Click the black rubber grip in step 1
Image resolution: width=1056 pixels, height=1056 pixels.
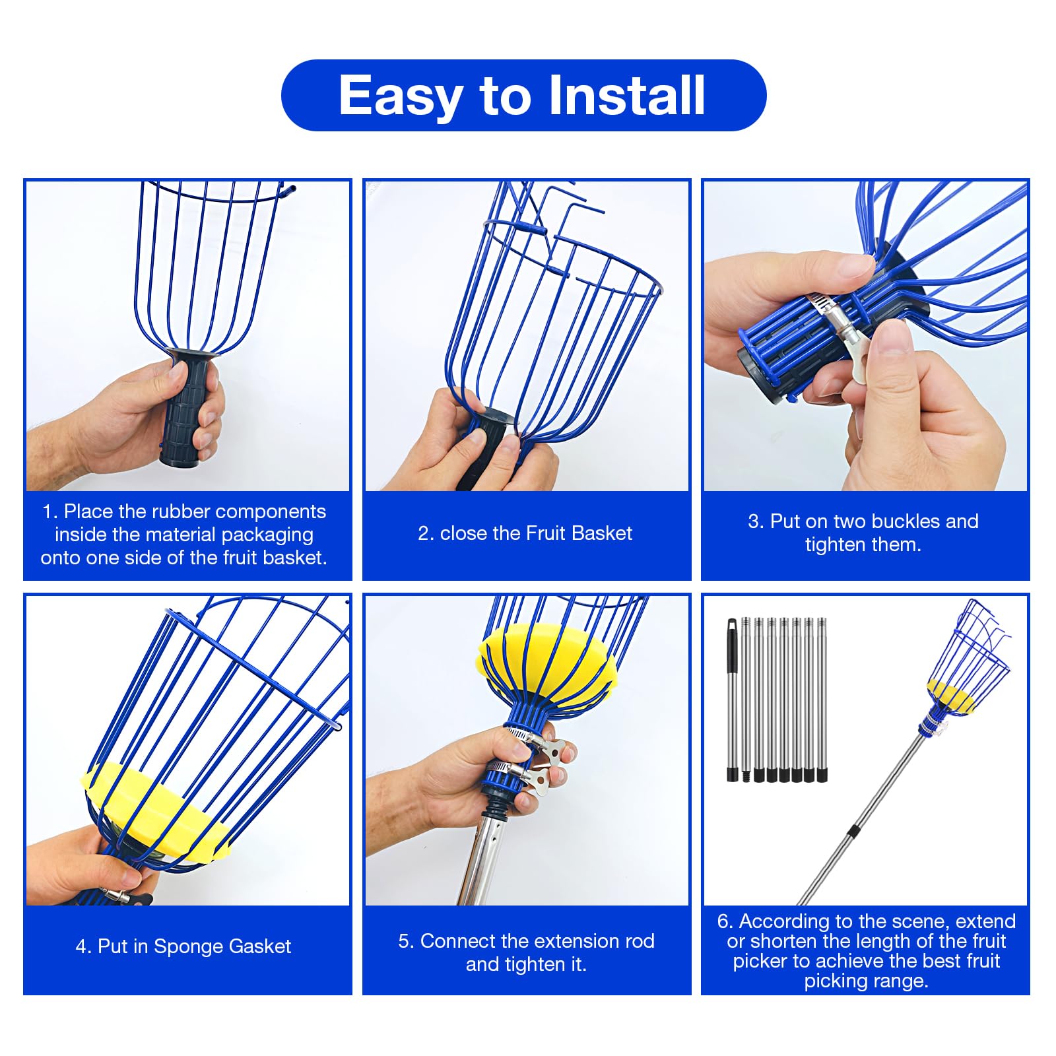click(x=189, y=409)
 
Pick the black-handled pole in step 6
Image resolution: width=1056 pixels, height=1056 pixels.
click(x=732, y=700)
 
